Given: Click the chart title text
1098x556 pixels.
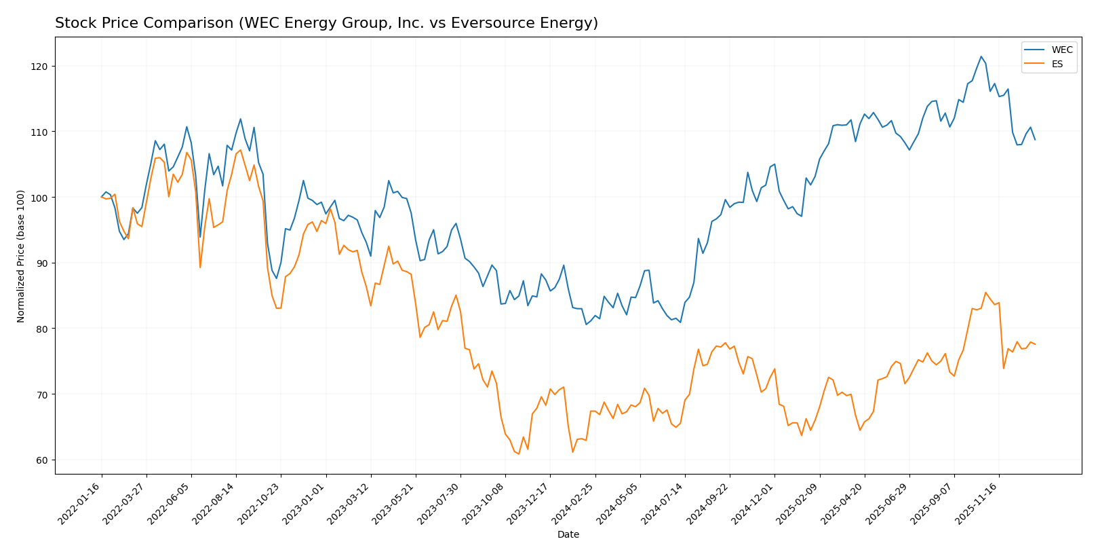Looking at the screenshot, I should (x=326, y=23).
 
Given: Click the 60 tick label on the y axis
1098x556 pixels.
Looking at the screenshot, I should (x=42, y=460).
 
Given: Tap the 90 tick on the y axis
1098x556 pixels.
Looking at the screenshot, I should (x=42, y=263).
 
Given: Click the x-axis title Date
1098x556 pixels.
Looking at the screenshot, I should (x=568, y=535).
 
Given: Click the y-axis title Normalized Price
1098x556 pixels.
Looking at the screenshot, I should (x=21, y=256).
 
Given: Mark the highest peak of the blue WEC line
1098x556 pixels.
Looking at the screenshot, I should (x=981, y=56).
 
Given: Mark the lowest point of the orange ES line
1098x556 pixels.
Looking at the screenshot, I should (x=519, y=454).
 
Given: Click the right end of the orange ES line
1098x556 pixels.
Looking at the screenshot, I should (x=1035, y=344).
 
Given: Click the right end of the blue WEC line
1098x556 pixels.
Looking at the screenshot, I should (x=1035, y=140).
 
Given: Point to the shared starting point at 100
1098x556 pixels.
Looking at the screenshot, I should (x=102, y=197).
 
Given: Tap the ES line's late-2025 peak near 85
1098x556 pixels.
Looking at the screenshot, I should (x=985, y=293).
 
